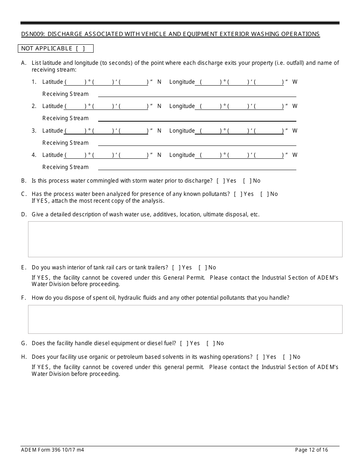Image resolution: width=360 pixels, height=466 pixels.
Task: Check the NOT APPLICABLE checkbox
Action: tap(80, 48)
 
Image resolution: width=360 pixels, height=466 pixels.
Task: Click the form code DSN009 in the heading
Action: tap(33, 34)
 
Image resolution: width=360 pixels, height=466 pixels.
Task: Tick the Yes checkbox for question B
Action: tap(220, 181)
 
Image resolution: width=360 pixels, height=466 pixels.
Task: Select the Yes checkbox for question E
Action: tap(176, 267)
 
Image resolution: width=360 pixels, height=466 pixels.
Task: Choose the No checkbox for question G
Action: tap(210, 343)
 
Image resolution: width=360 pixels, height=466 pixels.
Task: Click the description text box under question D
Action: tap(185, 239)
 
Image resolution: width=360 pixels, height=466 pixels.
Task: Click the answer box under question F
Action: tap(185, 319)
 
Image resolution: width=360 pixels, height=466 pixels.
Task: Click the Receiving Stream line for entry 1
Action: tap(197, 94)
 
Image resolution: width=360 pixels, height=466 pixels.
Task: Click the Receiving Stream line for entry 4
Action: tap(197, 167)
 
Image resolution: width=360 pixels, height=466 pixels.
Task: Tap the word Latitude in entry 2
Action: tap(53, 106)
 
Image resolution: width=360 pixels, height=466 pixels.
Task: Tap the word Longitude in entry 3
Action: tap(182, 131)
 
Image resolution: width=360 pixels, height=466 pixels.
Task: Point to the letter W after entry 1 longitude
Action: tap(295, 82)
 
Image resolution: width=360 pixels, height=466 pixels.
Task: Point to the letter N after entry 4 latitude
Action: tap(160, 155)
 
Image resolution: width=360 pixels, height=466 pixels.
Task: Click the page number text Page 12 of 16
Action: tap(311, 450)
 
